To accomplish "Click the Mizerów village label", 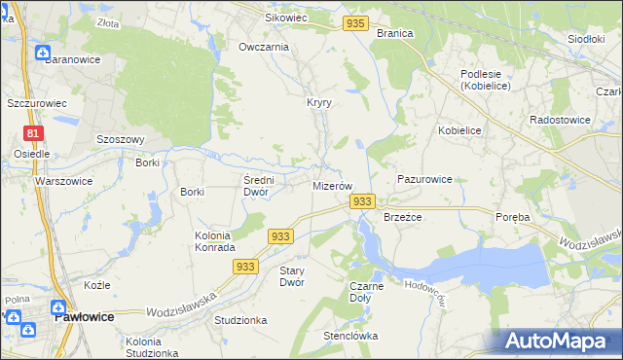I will [331, 185].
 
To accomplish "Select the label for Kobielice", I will [460, 130].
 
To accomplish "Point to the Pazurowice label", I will [424, 180].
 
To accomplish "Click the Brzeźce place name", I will [402, 217].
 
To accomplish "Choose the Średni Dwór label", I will [261, 185].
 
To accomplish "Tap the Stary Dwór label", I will [292, 276].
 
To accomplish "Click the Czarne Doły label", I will [366, 292].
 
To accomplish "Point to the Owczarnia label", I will [264, 47].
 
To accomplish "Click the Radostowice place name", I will [556, 120].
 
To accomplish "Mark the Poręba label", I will [511, 217].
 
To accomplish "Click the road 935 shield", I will [357, 23].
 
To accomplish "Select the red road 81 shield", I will [34, 133].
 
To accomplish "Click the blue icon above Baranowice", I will [43, 53].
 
